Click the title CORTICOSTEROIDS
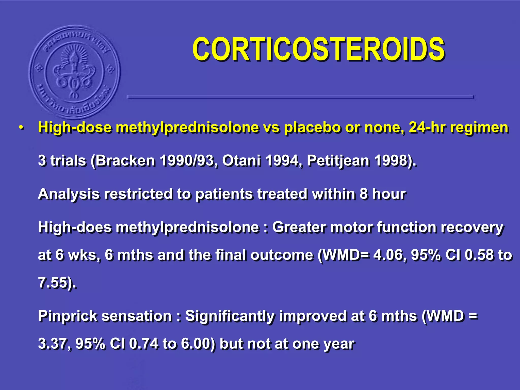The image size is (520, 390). tap(318, 49)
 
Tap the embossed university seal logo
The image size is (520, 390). tap(74, 72)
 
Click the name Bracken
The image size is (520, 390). tap(125, 160)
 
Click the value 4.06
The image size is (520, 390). tap(388, 255)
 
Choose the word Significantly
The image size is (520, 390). tap(230, 316)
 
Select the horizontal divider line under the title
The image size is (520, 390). tap(300, 97)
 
